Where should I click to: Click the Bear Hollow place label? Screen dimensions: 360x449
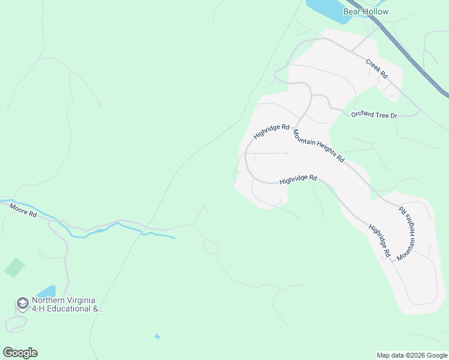coord(366,11)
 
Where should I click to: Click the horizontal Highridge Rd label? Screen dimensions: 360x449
coord(298,179)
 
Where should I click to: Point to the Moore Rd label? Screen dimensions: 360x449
coord(23,210)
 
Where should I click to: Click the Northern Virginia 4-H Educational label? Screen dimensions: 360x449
coord(67,305)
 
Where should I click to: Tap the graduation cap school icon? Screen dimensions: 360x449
coord(23,304)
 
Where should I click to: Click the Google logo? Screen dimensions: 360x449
coord(20,353)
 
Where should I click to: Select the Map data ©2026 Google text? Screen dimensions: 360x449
coord(412,355)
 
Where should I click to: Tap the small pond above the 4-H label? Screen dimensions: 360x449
coord(47,292)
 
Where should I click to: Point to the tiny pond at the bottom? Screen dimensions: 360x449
coord(157,337)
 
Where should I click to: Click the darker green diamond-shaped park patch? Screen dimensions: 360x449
coord(14,268)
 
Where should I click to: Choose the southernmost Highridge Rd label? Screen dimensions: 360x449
coord(379,241)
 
